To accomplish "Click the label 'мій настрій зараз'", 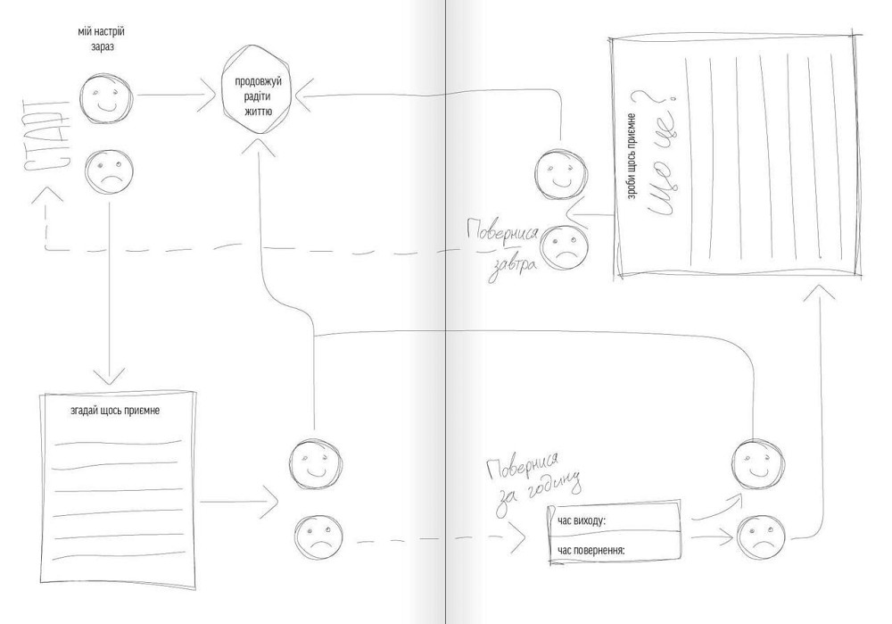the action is point(102,38).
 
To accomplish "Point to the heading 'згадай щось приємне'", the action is point(115,410).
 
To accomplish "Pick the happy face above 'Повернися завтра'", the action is point(560,174).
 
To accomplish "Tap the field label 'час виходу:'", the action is point(581,520).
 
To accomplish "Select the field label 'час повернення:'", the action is point(591,551).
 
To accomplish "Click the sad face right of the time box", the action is point(761,538).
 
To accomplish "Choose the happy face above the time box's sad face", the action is point(756,463).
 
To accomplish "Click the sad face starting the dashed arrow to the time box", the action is point(319,537).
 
